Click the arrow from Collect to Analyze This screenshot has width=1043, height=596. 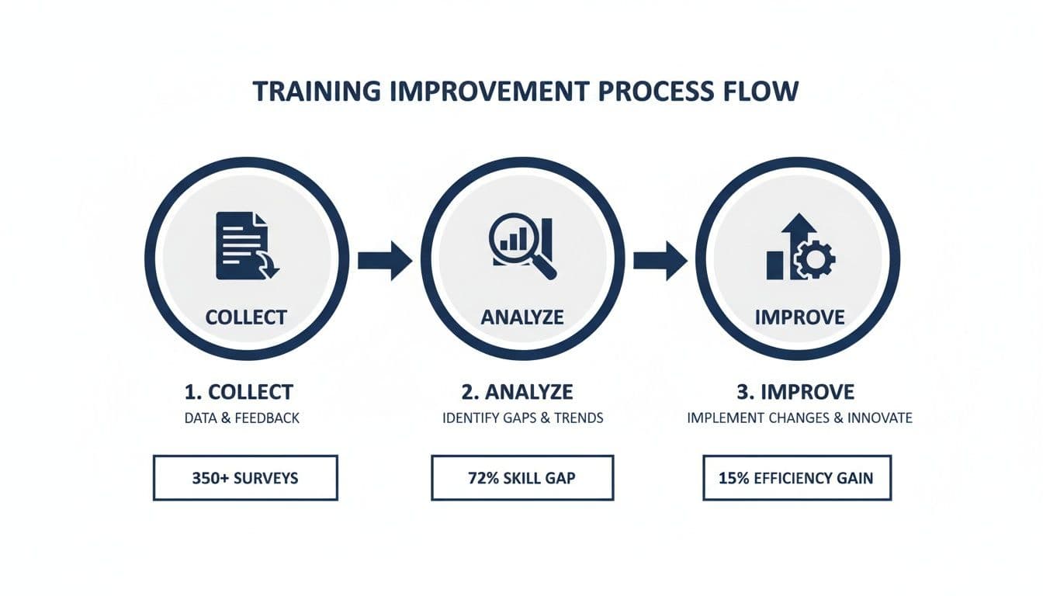(x=385, y=260)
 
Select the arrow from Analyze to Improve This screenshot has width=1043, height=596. (x=660, y=260)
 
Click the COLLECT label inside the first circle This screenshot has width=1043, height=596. (x=246, y=317)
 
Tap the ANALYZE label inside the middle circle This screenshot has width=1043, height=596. (x=522, y=317)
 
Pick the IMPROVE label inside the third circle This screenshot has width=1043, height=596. (x=799, y=317)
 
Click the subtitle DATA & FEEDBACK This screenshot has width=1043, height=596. (x=241, y=418)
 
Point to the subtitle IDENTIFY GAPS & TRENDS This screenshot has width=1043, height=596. (x=522, y=418)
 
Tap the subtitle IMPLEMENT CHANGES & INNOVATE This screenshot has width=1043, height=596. (x=799, y=418)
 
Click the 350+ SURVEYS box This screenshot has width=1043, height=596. (x=245, y=477)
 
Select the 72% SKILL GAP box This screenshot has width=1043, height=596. (x=522, y=477)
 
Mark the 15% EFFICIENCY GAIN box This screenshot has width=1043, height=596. (x=797, y=477)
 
